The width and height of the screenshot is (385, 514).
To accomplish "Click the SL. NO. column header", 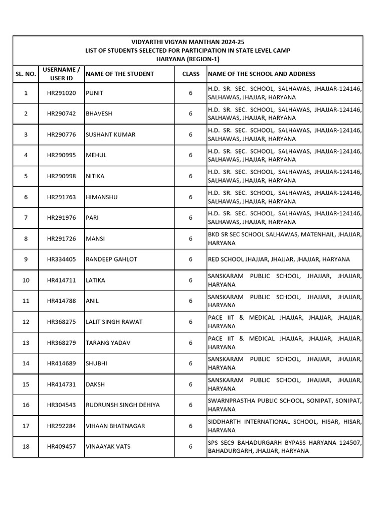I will coord(26,74).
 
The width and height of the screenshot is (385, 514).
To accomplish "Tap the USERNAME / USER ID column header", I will coord(61,74).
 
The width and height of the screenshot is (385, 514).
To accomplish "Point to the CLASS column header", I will coord(190,74).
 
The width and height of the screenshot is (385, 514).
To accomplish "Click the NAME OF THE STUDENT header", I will coord(120,74).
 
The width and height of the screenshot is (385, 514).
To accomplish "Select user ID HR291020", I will coord(61,93).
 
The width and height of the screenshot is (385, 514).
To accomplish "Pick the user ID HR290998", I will coord(61,176).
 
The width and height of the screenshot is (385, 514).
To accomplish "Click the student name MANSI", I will coord(95,239).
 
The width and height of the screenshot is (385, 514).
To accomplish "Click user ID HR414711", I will coord(61,280).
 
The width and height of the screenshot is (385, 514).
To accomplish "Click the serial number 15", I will coord(26,384).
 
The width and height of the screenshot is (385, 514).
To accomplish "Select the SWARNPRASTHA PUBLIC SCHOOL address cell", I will coord(284,405).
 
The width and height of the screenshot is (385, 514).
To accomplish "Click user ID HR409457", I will coord(61,446).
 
